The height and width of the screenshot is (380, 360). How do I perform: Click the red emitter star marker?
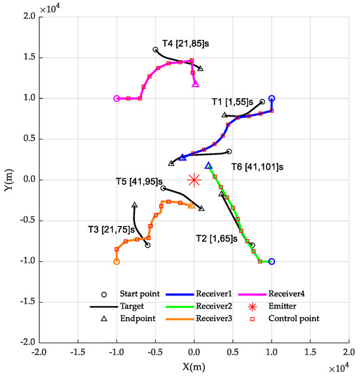194,180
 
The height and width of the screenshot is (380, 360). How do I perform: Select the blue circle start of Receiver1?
272,98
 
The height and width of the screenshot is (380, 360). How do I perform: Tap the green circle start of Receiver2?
272,261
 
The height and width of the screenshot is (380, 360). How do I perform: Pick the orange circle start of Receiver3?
117,261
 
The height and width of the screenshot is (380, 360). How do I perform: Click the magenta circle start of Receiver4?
117,98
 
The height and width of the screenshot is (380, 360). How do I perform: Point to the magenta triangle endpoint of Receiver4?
195,84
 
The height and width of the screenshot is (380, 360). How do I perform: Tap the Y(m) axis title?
9,180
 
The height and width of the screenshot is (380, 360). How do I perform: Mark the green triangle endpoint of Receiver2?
208,166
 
